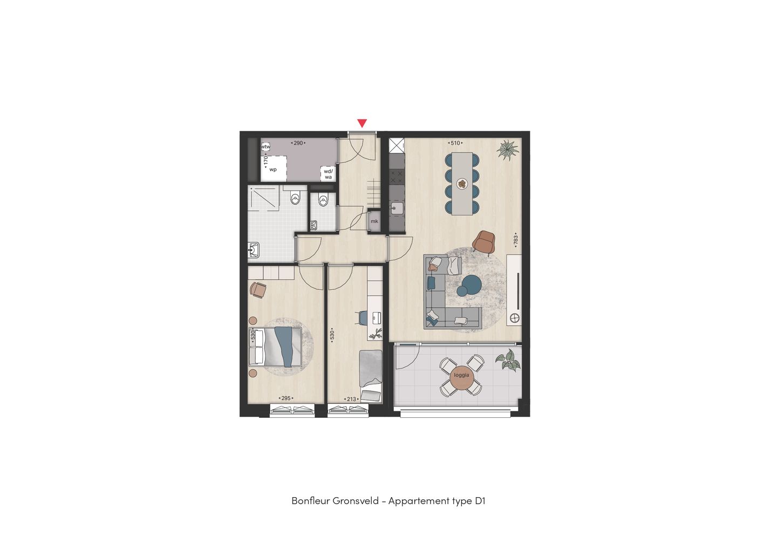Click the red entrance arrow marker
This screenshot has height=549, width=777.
point(363,123)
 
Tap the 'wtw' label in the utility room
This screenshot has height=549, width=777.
point(265,147)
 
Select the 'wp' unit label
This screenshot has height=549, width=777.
point(273,170)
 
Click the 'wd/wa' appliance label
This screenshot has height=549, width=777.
point(328,174)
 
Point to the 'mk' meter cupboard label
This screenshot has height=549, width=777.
point(374,221)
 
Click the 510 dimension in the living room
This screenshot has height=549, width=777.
point(455,143)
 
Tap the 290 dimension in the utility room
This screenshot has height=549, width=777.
point(298,143)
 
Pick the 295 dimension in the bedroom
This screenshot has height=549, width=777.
point(286,398)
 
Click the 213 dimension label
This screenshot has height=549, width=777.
point(351,399)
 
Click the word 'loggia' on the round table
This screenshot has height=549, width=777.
point(461,375)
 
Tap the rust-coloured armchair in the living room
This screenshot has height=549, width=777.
point(485,241)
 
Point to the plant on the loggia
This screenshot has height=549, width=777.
point(509,359)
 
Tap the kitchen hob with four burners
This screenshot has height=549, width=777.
point(397,176)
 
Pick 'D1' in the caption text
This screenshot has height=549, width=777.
point(480,501)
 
